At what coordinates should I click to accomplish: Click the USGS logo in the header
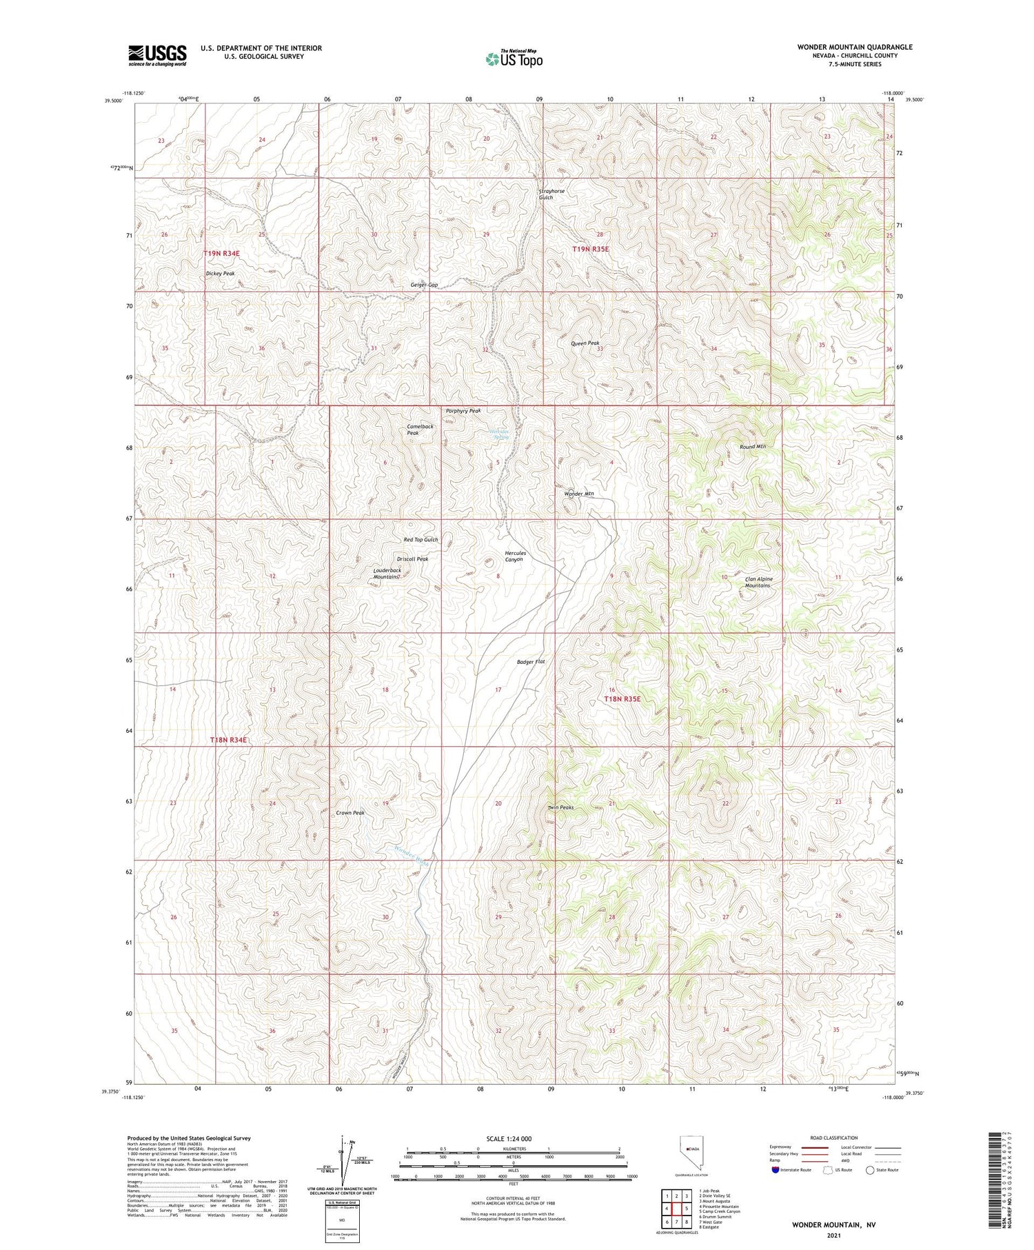coord(157,55)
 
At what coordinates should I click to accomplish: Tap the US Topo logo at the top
coord(514,59)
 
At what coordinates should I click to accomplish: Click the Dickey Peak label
coord(221,274)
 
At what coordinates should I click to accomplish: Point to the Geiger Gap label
coord(424,285)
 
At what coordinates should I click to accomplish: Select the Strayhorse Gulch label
coord(546,194)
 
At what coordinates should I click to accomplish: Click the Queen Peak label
coord(585,343)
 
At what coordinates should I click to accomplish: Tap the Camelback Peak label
coord(420,430)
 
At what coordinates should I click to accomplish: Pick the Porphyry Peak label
coord(463,411)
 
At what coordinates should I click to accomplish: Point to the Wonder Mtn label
coord(579,494)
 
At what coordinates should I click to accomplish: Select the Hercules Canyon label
coord(515,556)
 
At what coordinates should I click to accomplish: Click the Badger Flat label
coord(531,662)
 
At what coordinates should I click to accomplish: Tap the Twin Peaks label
coord(560,807)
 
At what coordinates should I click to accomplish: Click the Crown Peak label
coord(350,813)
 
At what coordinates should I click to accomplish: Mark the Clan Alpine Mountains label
coord(758,583)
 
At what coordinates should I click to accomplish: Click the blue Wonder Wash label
coord(412,855)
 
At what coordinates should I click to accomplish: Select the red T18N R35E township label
coord(622,699)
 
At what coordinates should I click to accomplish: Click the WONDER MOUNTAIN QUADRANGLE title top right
coord(855,47)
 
